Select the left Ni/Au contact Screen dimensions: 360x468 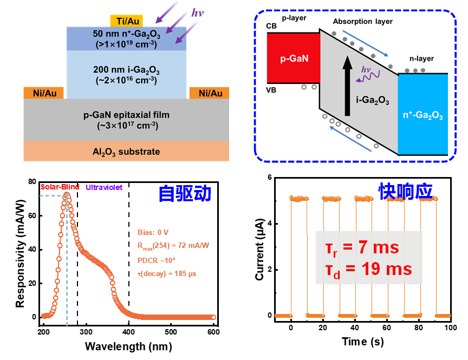44,93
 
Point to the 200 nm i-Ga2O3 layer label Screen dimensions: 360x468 126,74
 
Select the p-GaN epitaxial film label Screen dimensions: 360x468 126,120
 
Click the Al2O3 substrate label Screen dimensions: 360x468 126,152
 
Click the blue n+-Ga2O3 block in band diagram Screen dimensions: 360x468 423,114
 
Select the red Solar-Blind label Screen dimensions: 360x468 60,187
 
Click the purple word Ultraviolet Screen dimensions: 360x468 104,187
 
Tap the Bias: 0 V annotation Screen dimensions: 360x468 153,232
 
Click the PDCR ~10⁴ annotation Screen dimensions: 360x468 156,260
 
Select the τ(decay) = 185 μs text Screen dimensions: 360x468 167,274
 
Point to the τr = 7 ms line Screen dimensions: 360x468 361,248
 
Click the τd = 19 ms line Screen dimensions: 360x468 368,269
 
